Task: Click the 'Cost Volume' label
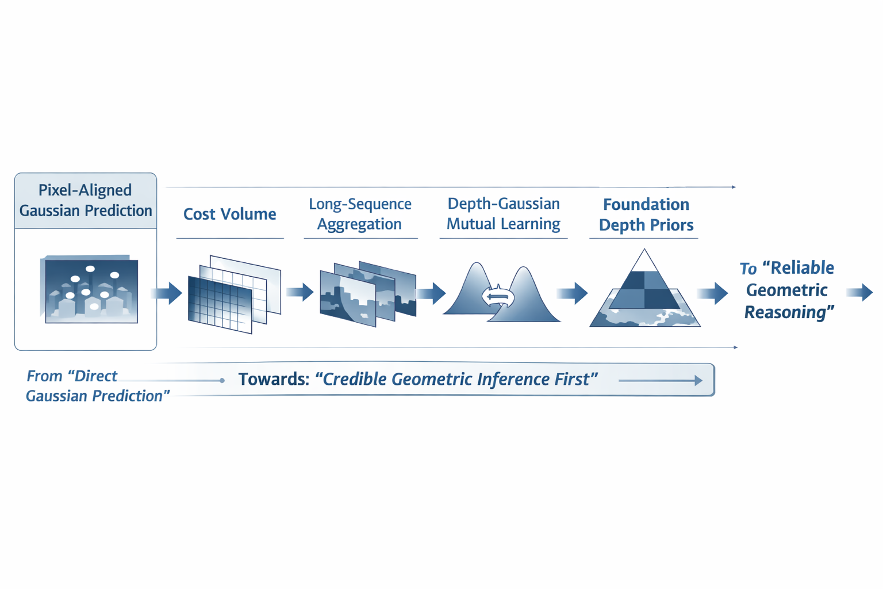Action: point(229,214)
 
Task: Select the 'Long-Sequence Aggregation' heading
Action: point(360,214)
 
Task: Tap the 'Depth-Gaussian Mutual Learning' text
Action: point(503,213)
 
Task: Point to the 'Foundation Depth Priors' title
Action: point(646,215)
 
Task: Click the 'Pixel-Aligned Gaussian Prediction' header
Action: point(86,200)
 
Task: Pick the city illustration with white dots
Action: point(90,289)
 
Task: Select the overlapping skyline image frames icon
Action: point(367,293)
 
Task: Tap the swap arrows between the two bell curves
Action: point(498,297)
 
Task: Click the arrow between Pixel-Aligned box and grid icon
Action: point(167,293)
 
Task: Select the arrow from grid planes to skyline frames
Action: point(300,292)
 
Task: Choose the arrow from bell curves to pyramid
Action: point(573,293)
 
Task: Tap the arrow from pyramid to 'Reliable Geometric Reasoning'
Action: point(713,293)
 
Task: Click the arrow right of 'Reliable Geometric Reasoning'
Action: point(861,292)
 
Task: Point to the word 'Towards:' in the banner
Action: point(274,380)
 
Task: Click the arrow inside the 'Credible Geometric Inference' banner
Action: point(661,380)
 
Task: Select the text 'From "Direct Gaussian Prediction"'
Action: point(97,386)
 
